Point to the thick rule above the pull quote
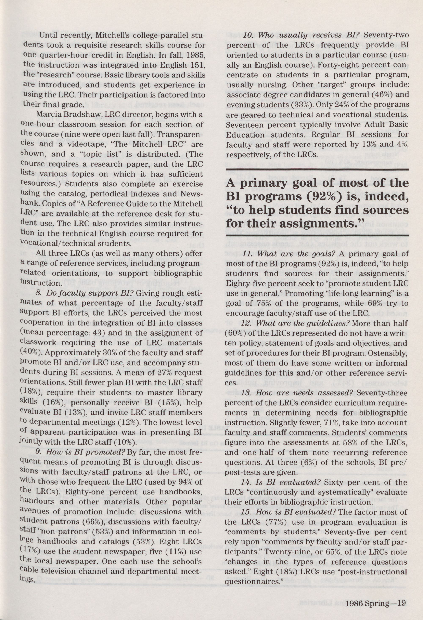tap(317, 169)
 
